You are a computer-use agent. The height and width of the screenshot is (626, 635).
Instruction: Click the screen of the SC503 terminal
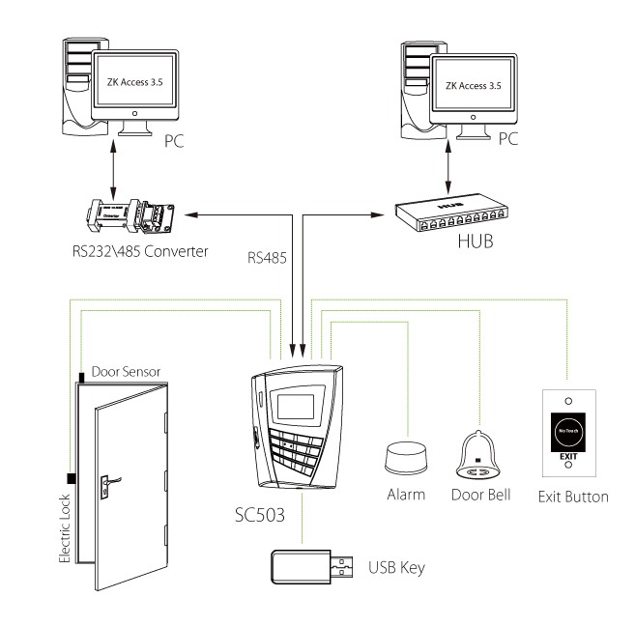(x=289, y=398)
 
